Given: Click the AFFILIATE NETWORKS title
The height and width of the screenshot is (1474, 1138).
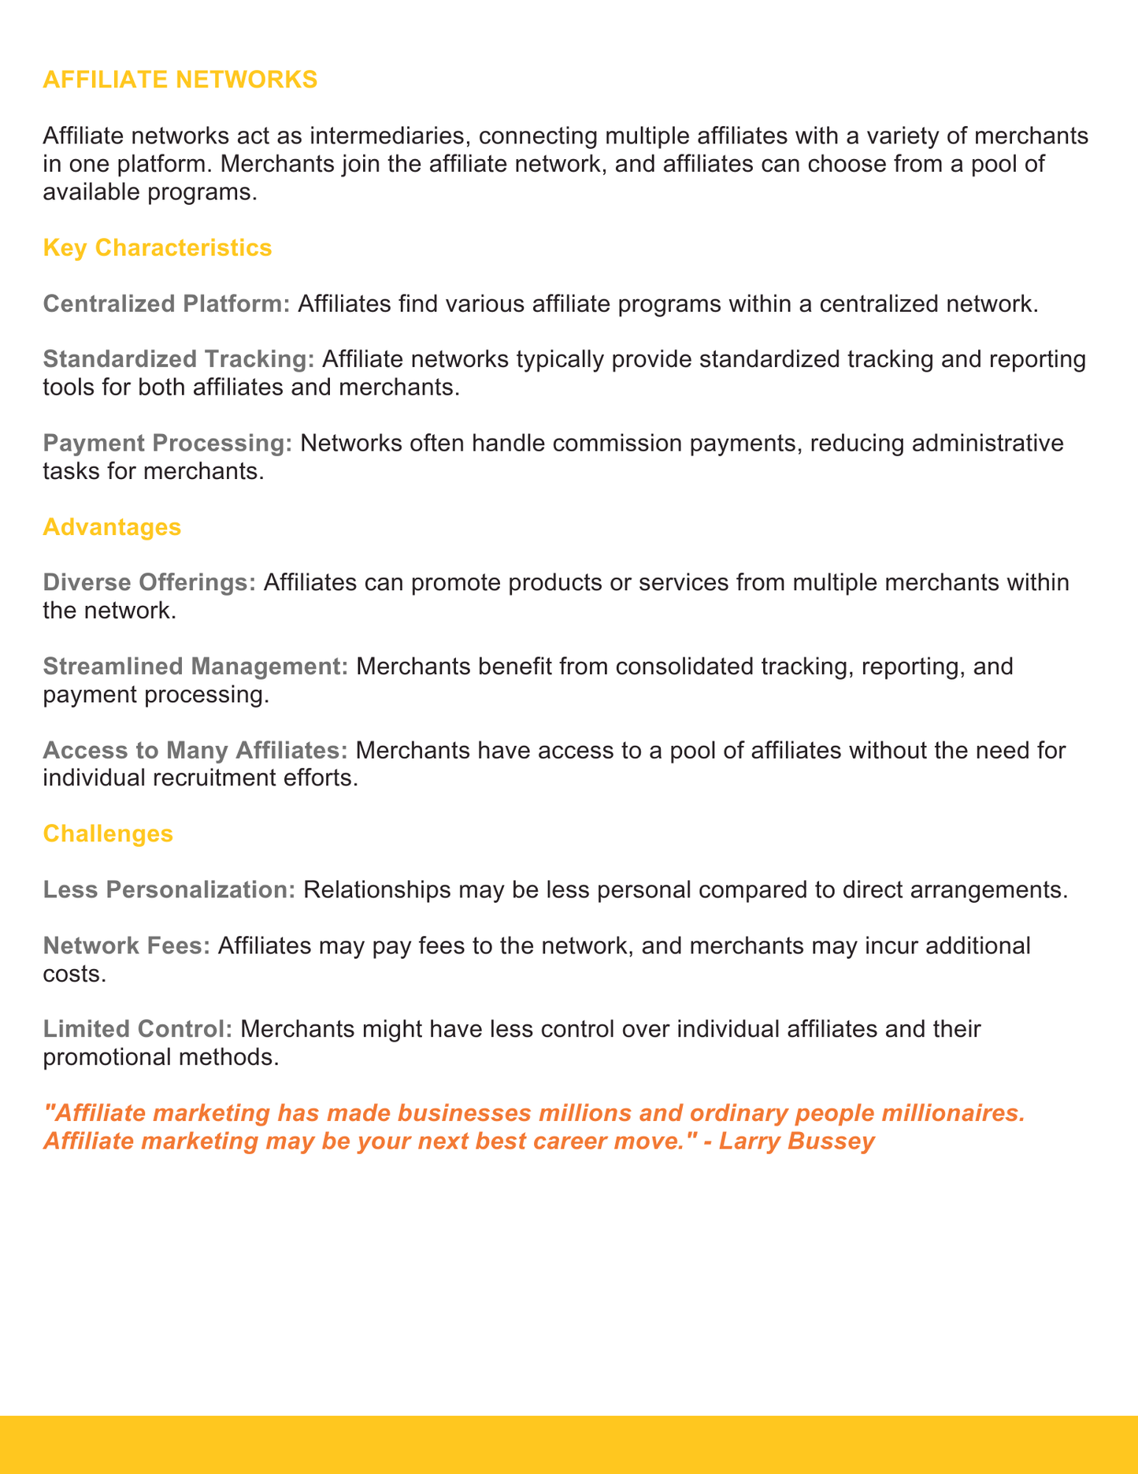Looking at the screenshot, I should coord(180,80).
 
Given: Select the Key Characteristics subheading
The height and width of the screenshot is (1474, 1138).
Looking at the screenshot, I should coord(158,248).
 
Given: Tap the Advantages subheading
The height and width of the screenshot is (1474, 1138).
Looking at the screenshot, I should coord(112,527).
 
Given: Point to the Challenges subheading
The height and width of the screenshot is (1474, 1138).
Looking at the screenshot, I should coord(108,834).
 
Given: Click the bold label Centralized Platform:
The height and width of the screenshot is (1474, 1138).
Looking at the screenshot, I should coord(167,304).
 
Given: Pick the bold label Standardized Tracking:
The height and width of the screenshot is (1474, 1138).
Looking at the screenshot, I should coord(179,359).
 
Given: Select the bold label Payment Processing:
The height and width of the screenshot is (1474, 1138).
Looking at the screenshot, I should coord(168,443).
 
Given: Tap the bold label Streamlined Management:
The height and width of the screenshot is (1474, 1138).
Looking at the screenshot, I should coord(196,666).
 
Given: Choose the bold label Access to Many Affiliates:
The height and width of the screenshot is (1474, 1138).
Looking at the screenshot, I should coord(195,749).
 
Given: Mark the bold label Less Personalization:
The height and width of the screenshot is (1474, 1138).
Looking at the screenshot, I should coord(169,889).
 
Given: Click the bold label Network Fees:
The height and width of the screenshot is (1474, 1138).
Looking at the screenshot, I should coord(127,945).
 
